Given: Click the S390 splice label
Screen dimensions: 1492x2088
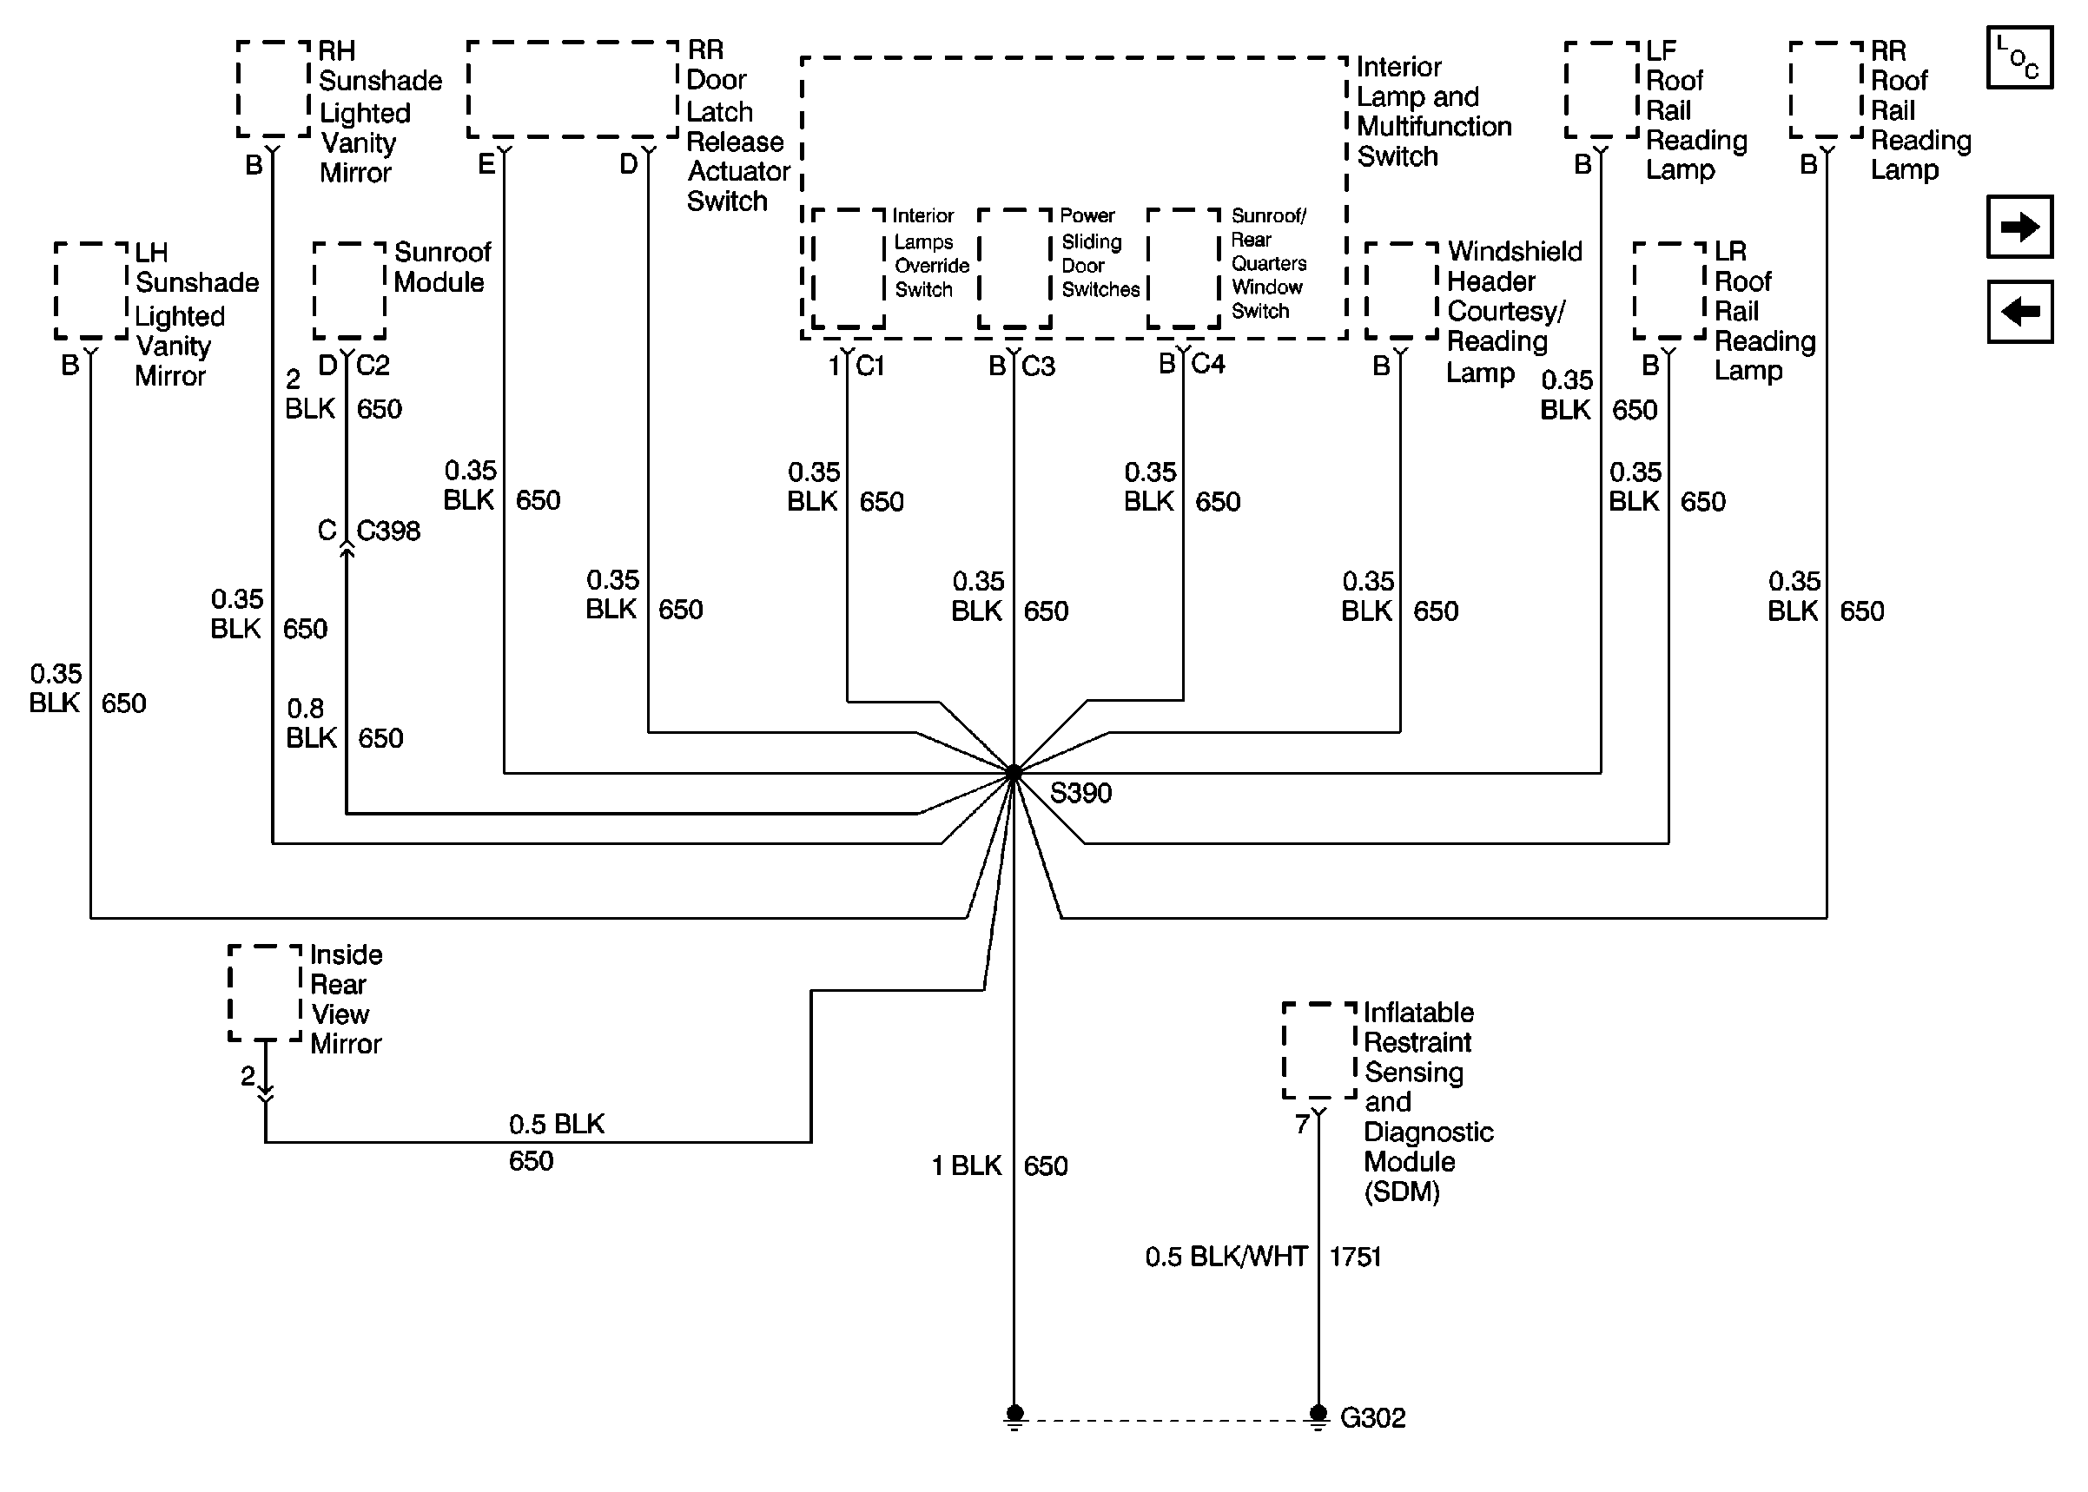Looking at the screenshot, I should [1080, 793].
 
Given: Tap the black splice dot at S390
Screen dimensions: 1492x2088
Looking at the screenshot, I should [1014, 773].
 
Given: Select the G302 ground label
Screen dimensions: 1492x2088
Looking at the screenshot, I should [1372, 1417].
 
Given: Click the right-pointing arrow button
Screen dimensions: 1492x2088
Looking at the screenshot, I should [2019, 227].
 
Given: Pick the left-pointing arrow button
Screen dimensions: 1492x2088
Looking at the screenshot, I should [2019, 312].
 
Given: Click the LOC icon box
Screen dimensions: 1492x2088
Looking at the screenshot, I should [2019, 58].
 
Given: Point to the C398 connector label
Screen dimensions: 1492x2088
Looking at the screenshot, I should [387, 531].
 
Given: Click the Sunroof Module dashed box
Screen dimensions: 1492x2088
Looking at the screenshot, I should [349, 290].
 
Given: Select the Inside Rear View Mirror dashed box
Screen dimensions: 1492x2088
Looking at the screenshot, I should [265, 994].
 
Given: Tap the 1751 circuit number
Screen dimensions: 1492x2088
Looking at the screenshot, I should [1355, 1257].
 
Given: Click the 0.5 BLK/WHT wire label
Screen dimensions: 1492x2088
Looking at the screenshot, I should [1226, 1257].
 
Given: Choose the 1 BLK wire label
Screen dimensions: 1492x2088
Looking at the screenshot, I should [966, 1165].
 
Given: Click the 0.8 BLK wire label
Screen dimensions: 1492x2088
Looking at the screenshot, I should [310, 724].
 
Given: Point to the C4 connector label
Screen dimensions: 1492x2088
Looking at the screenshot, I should [1207, 365].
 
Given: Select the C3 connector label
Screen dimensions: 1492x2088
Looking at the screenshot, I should [1038, 366].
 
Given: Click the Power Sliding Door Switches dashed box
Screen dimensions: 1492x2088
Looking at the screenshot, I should [1014, 268].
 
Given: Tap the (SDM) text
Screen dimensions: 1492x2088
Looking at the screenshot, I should [1401, 1192].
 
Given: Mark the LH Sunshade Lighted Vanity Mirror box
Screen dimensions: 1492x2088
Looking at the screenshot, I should [91, 290].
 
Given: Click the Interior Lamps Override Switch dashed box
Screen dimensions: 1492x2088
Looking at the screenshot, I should [848, 268].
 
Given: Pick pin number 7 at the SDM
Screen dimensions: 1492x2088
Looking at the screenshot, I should [1301, 1125].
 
